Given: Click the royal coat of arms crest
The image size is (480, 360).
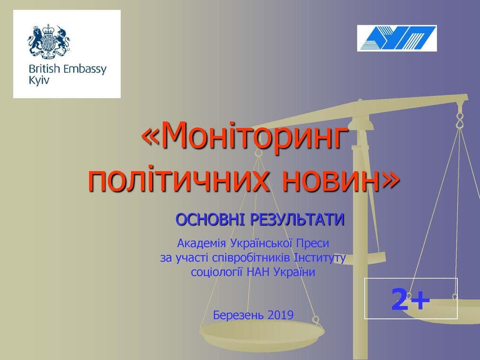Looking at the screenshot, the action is coord(49,41).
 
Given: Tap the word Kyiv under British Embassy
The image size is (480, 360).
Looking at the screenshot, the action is coord(38,81).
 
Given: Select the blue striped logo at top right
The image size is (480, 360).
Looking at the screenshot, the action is coord(397,38).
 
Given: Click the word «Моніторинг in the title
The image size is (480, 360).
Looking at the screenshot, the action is coord(245,135).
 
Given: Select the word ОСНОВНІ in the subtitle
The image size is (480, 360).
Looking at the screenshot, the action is coord(210,220).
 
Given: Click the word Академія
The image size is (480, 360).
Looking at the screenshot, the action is coord(201,243).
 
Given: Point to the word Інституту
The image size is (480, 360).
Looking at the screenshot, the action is coord(319,258).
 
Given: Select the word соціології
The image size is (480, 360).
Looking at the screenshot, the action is coord(217,272).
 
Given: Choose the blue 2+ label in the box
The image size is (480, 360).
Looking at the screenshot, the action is coord(410,299).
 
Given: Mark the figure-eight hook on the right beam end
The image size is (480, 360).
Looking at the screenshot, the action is coord(459,120).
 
